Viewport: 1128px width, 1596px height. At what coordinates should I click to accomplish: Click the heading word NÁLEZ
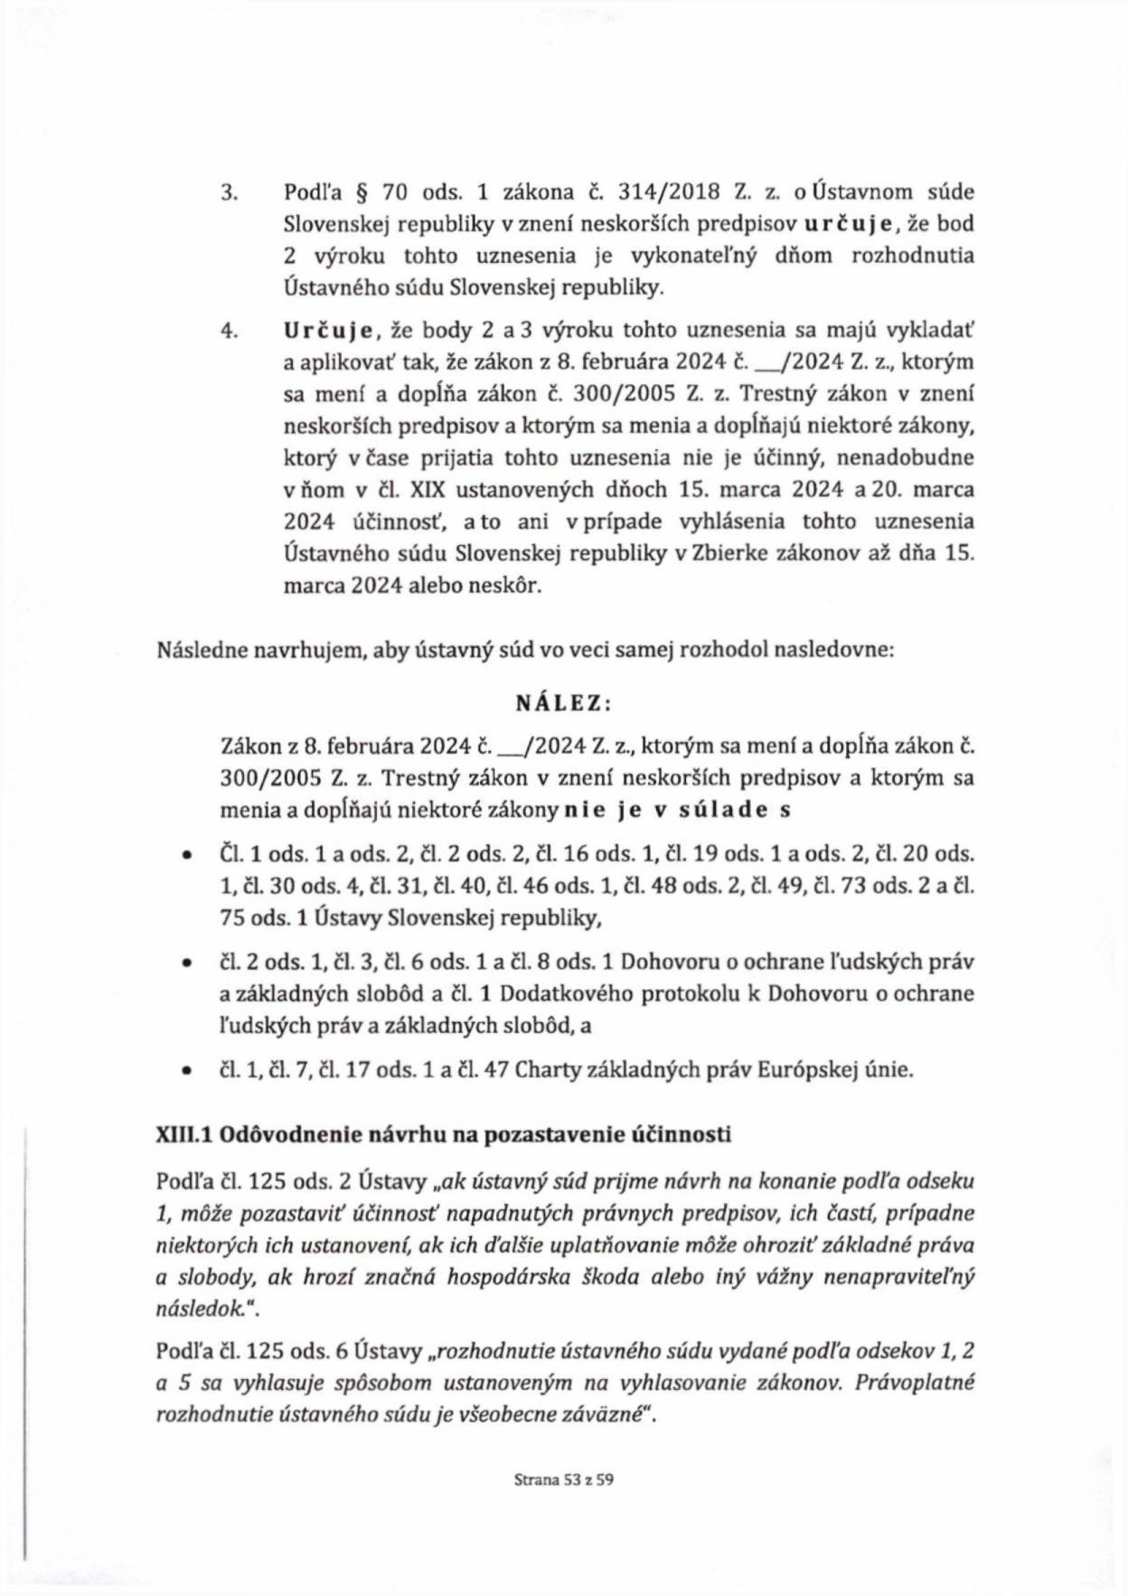[563, 703]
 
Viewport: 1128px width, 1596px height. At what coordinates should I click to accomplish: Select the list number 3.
[229, 192]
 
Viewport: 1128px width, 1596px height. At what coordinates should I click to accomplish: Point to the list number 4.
[229, 331]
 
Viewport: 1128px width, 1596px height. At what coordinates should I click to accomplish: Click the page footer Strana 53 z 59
[564, 1480]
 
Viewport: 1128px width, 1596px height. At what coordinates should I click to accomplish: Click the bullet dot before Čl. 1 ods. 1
[186, 855]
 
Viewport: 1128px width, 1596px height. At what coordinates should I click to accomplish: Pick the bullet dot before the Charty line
[186, 1071]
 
